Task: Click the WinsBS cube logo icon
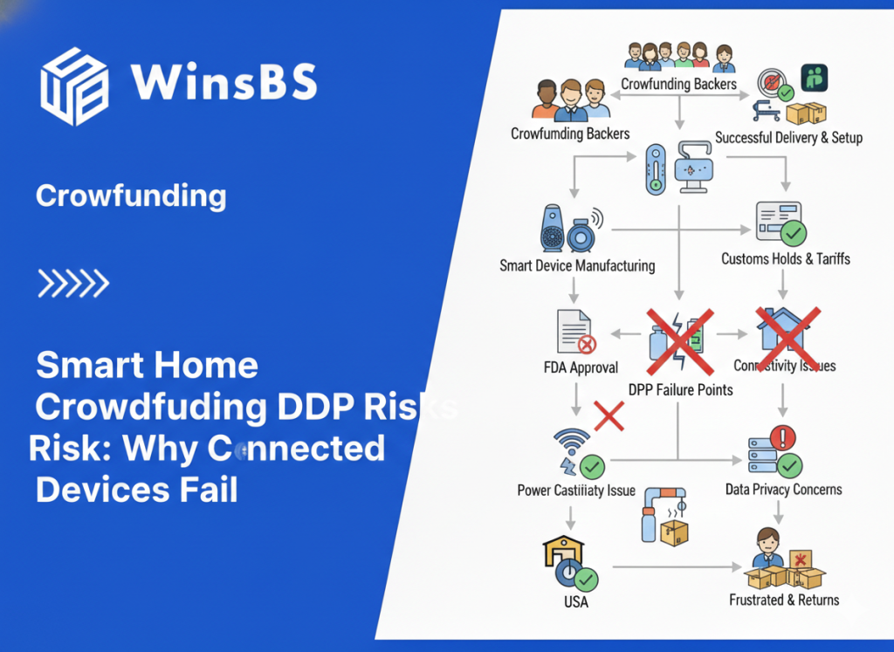coord(74,86)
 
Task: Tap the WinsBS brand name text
coord(223,83)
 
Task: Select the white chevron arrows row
coord(73,283)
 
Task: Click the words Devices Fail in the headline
coord(136,489)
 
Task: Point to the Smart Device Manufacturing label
coord(577,265)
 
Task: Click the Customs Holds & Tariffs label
coord(785,258)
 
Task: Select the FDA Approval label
coord(581,367)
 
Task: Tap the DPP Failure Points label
coord(681,388)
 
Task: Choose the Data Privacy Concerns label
coord(783,489)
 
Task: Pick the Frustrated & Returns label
coord(784,600)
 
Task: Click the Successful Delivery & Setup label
coord(788,137)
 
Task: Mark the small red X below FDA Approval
coord(609,415)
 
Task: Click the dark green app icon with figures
coord(814,78)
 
